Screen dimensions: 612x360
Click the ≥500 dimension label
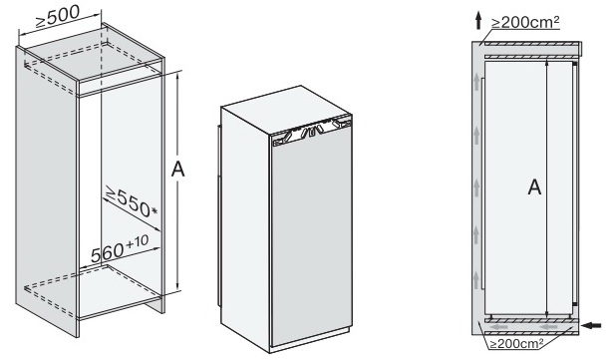pos(58,17)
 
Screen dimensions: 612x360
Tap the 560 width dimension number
pos(107,252)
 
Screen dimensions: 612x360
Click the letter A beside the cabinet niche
pos(178,170)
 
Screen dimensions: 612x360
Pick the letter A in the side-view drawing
pos(534,187)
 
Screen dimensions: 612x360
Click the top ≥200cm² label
pos(525,22)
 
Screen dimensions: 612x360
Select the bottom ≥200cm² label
pos(517,344)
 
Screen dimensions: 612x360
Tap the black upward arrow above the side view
pos(478,20)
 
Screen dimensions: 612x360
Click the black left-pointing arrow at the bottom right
pos(591,325)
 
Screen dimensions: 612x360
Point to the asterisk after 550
pos(154,211)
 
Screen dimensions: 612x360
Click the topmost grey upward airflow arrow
pos(476,83)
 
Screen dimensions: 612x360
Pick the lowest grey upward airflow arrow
pos(476,280)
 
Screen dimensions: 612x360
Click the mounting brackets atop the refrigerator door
pos(311,132)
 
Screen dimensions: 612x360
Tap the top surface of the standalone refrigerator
pos(285,110)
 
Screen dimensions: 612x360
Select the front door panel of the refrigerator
pos(311,239)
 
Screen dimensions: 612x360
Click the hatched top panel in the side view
pos(530,44)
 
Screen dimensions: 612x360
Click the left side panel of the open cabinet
pos(46,191)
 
